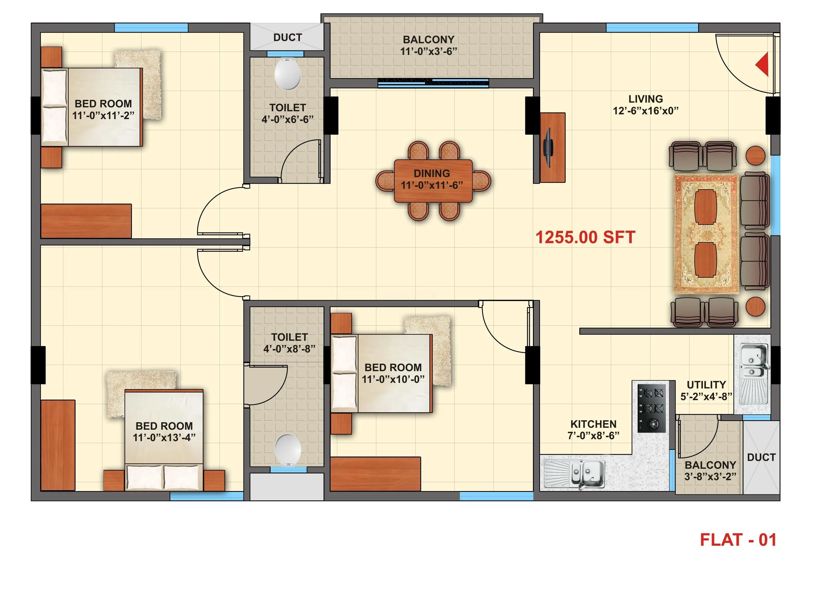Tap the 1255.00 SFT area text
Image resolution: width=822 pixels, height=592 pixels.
point(585,238)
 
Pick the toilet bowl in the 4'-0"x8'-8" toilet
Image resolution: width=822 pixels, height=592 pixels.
point(288,450)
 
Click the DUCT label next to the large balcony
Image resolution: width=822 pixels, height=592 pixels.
point(287,37)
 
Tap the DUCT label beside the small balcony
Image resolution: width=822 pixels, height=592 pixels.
point(761,457)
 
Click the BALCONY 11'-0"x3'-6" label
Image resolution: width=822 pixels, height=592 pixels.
point(428,45)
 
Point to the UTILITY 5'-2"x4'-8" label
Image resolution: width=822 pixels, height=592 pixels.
point(706,391)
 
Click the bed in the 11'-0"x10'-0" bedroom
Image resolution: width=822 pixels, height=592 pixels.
point(382,373)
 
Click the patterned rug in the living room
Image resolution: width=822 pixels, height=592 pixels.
point(706,234)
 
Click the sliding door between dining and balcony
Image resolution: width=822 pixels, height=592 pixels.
point(433,83)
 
